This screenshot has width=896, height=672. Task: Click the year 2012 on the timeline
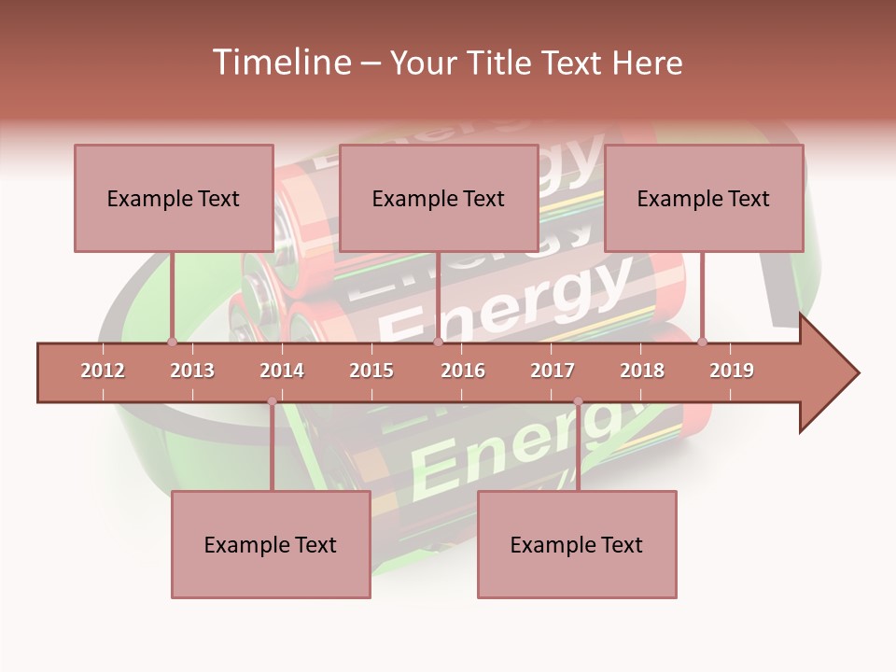pyautogui.click(x=103, y=371)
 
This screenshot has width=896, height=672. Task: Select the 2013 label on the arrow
pyautogui.click(x=192, y=371)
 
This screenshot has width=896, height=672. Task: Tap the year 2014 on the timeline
pyautogui.click(x=282, y=371)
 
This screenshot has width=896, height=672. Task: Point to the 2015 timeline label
pyautogui.click(x=371, y=371)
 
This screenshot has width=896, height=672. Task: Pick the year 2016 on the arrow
pyautogui.click(x=463, y=371)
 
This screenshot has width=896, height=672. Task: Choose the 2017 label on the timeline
pyautogui.click(x=553, y=371)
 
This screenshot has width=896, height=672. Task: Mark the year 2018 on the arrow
pyautogui.click(x=642, y=371)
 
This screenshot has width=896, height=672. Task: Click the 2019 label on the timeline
pyautogui.click(x=732, y=371)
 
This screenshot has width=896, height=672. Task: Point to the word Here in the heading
pyautogui.click(x=647, y=63)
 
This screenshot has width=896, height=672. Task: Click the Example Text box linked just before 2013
pyautogui.click(x=174, y=198)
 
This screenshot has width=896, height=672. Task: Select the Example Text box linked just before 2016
pyautogui.click(x=439, y=198)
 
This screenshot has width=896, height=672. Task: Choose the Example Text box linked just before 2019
pyautogui.click(x=704, y=198)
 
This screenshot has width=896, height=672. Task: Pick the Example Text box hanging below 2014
pyautogui.click(x=271, y=544)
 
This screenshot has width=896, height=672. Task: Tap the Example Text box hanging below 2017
pyautogui.click(x=577, y=544)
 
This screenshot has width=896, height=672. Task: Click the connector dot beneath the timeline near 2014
pyautogui.click(x=272, y=401)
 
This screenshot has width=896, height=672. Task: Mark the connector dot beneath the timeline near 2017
pyautogui.click(x=578, y=401)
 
